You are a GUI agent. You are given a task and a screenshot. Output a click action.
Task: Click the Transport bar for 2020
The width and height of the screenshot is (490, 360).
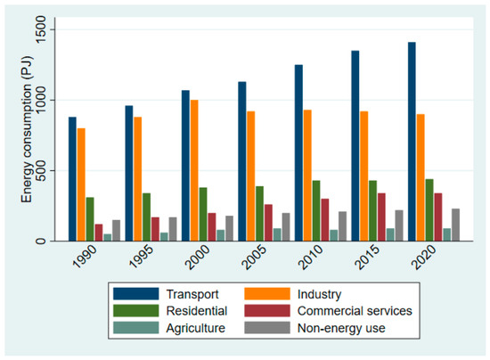click(412, 142)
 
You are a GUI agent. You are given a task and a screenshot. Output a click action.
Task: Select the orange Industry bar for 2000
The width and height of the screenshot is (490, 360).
click(194, 170)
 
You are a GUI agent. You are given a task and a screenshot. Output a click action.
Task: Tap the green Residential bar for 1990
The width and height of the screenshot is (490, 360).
click(90, 219)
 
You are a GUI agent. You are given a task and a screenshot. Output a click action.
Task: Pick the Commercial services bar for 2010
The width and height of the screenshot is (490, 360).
click(325, 220)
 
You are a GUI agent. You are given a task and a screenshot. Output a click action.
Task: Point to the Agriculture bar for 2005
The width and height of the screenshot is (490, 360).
click(277, 234)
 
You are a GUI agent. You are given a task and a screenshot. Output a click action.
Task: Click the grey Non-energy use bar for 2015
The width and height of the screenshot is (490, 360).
click(399, 225)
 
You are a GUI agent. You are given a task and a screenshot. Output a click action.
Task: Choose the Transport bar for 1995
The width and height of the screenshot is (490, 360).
click(129, 174)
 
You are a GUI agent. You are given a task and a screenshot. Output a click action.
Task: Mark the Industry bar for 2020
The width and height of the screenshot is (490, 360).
click(421, 177)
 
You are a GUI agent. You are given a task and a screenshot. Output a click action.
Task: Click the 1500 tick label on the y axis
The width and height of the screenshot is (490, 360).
click(42, 29)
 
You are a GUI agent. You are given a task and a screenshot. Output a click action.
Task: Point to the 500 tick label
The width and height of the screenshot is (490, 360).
click(42, 170)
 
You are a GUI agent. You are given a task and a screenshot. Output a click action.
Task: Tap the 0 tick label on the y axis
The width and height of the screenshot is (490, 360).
click(42, 241)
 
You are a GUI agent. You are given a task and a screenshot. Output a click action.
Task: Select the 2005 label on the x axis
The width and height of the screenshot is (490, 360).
click(254, 257)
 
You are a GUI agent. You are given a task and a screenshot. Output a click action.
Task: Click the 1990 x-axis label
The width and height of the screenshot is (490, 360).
click(85, 257)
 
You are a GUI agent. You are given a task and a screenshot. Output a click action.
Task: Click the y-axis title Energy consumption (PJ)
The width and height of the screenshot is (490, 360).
click(27, 129)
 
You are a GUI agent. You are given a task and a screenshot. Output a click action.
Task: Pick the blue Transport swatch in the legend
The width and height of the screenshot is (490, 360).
click(136, 294)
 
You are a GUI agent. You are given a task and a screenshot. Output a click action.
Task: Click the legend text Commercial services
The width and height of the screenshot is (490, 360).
click(355, 311)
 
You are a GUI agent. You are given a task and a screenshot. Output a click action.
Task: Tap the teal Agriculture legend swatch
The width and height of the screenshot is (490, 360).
click(136, 328)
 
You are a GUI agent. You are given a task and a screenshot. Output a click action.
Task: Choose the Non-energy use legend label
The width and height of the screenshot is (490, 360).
click(341, 328)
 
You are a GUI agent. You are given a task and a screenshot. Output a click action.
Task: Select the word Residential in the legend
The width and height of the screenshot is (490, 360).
click(197, 311)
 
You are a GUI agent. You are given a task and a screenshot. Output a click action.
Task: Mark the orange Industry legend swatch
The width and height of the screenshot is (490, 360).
click(267, 294)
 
